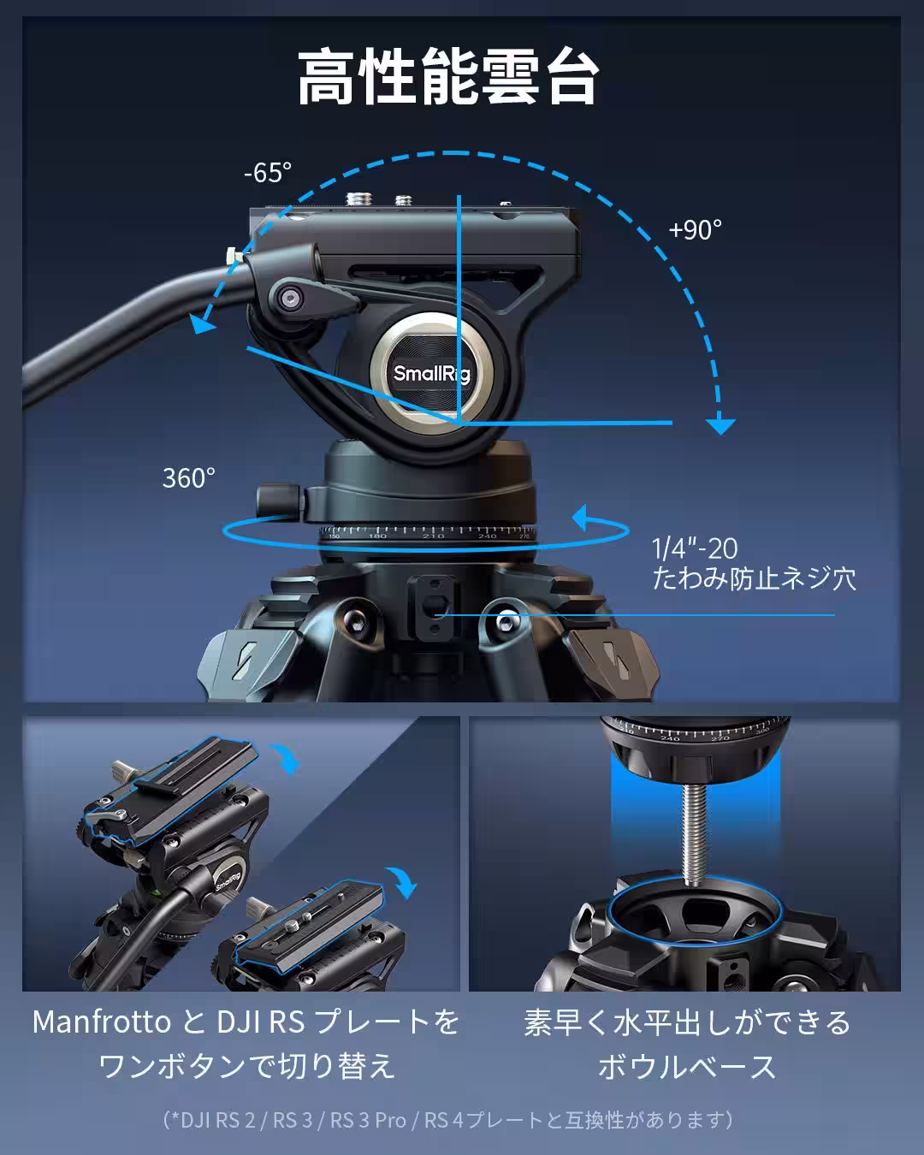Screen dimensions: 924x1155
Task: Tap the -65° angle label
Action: (268, 173)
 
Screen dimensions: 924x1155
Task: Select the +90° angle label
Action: (695, 229)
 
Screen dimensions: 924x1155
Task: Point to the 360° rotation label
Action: (188, 477)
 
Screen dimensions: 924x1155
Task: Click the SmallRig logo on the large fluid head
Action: (432, 374)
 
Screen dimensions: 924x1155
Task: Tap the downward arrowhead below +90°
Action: (720, 425)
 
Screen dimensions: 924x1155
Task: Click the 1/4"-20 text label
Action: (694, 548)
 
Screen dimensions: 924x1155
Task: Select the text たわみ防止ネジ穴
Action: (754, 578)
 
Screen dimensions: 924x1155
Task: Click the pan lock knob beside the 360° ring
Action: (277, 500)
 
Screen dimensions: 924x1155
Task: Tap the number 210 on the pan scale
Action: (433, 536)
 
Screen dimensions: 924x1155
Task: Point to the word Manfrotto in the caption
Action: (102, 1022)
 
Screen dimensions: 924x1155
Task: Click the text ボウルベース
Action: (687, 1066)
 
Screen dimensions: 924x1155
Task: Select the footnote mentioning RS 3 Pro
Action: (447, 1120)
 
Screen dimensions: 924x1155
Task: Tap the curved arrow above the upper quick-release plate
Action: (285, 758)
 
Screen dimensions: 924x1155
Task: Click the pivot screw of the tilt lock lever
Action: (291, 298)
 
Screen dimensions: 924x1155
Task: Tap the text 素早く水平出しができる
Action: (687, 1022)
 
